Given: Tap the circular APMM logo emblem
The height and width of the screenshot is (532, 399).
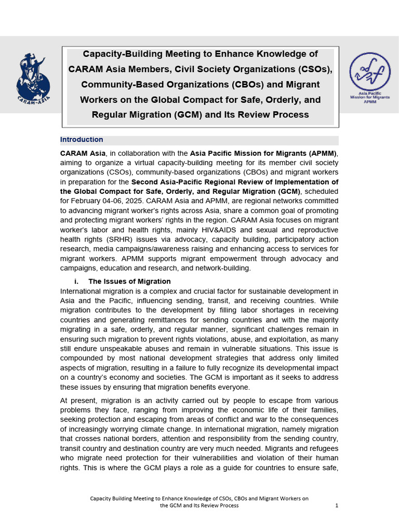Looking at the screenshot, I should (x=370, y=73).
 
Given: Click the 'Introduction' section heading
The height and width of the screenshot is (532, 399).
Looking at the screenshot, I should (x=82, y=140).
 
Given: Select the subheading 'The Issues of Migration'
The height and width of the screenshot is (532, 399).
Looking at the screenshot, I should (x=129, y=281).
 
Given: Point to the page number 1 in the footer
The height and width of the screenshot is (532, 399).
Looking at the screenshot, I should (x=337, y=505).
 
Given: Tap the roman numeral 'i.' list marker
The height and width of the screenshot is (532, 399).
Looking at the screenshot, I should (x=77, y=281).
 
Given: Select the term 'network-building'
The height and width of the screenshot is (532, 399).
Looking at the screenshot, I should (x=224, y=268).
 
